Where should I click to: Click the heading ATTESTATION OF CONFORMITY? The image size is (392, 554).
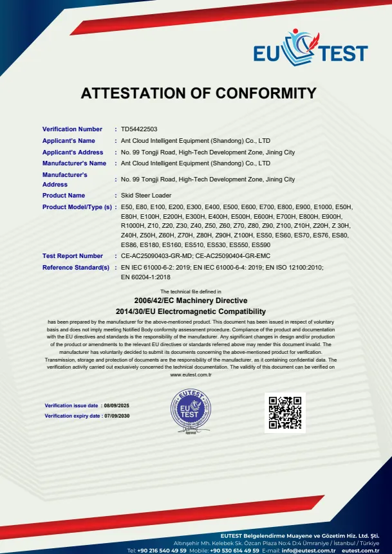point(199,93)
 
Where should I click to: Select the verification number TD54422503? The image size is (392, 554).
point(139,129)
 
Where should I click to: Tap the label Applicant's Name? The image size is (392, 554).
point(68,141)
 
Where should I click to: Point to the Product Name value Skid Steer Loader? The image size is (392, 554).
point(146,196)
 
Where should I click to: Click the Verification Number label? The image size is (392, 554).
point(72,129)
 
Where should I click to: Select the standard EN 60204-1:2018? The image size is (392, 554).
point(145,277)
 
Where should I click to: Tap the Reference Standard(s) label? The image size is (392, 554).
point(75,267)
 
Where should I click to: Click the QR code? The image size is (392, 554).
point(285,412)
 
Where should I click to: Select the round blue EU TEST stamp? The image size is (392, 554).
point(191,412)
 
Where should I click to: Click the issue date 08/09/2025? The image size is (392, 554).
point(117,406)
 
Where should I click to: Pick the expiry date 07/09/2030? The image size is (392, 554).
point(117,416)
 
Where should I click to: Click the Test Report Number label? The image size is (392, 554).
point(72,256)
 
